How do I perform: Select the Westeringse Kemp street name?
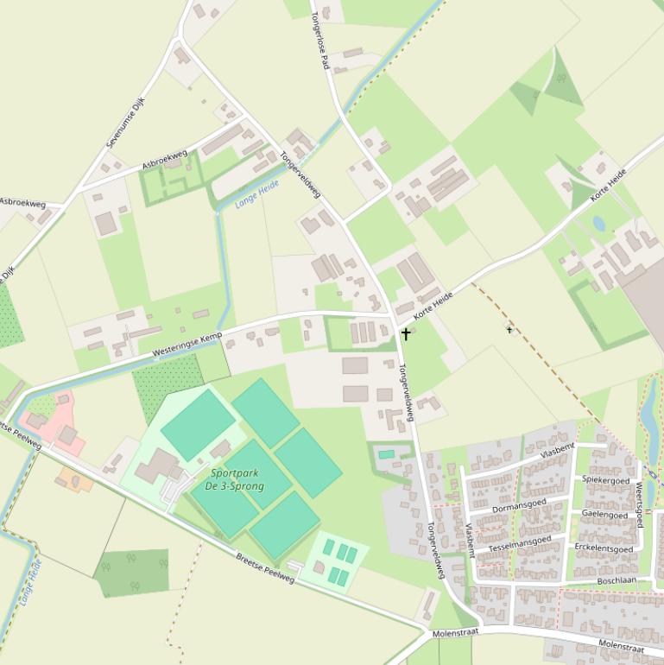(x=187, y=344)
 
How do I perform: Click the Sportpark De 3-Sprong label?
(x=235, y=479)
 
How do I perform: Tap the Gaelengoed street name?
(x=604, y=515)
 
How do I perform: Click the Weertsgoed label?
(x=640, y=506)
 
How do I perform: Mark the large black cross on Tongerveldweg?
(x=406, y=332)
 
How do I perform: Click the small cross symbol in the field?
(x=509, y=329)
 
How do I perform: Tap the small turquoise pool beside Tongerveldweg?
(x=386, y=454)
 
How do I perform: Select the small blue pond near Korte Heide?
(x=598, y=224)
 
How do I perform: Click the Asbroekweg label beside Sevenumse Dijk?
(x=164, y=160)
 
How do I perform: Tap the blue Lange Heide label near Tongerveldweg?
(x=257, y=195)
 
